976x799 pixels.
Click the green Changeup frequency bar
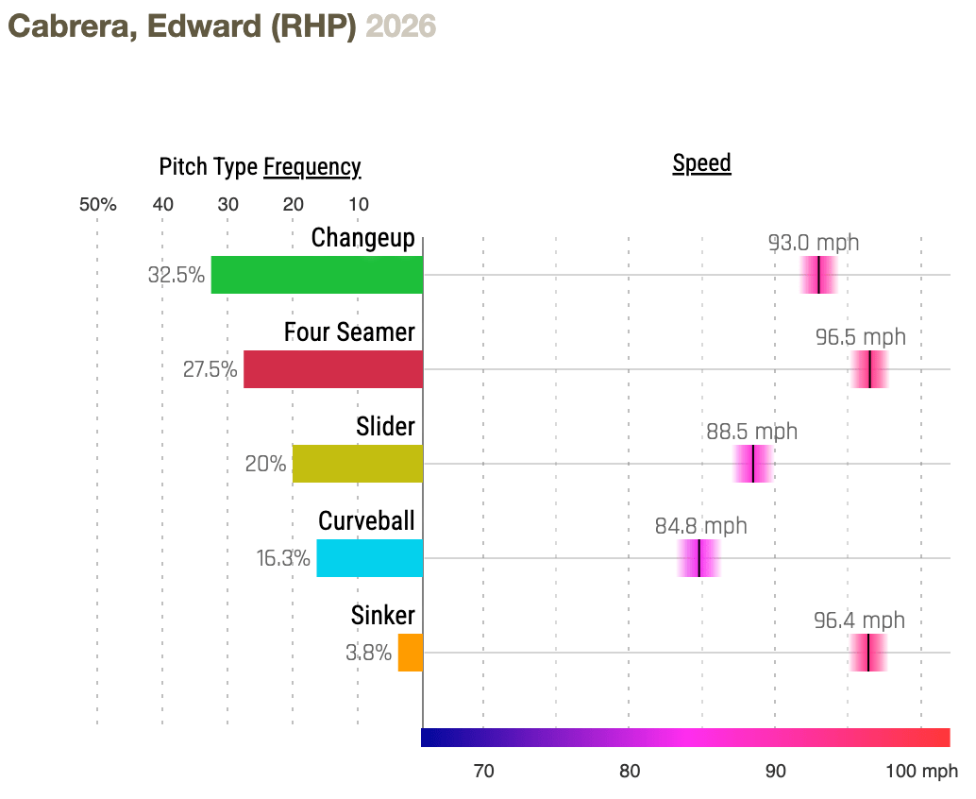click(316, 275)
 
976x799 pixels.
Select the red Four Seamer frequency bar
click(332, 369)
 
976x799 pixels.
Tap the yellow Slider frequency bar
click(357, 464)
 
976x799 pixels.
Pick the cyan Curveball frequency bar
click(369, 558)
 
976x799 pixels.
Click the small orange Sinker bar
click(410, 653)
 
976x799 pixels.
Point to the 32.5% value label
click(177, 275)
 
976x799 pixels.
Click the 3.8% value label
click(368, 653)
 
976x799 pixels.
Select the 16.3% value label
click(283, 558)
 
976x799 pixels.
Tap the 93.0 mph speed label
click(814, 243)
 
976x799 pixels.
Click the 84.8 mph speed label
click(700, 526)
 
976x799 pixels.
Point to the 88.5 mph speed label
click(751, 432)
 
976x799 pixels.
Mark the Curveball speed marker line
click(698, 558)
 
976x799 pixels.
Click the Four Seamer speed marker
click(869, 369)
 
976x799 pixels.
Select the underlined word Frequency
click(311, 168)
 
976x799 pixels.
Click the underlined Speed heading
click(701, 163)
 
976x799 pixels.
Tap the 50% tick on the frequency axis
click(97, 205)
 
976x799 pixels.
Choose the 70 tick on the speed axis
click(483, 772)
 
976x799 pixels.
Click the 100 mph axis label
click(921, 772)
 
